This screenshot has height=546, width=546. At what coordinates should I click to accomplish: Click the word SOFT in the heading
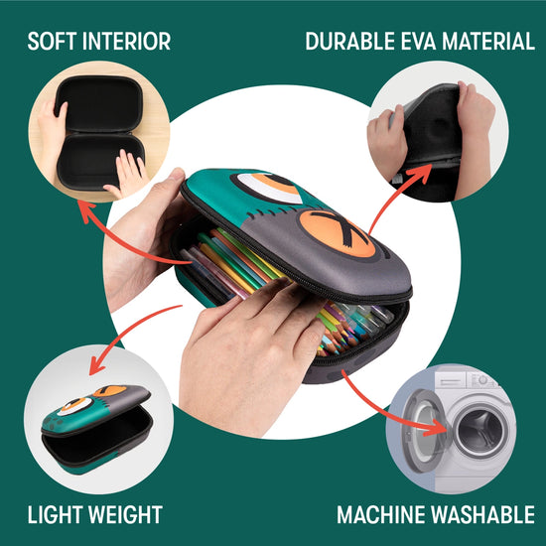pos(52,41)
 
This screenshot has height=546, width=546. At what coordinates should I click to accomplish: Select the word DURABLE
pos(350,41)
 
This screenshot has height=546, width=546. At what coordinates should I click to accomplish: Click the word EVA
pos(418,41)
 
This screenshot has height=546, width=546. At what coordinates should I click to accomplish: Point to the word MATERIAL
pos(488,41)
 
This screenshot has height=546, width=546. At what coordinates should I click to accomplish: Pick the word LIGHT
pos(55,514)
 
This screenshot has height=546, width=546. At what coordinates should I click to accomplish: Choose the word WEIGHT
pos(125,514)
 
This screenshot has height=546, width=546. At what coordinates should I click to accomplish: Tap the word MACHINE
pos(380,514)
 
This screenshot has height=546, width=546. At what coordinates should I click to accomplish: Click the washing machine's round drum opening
pos(480,431)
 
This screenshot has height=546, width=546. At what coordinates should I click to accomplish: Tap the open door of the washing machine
pos(423,430)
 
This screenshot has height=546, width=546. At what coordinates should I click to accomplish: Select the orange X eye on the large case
pos(337,233)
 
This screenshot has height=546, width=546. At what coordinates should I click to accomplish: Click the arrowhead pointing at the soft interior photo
pos(85,209)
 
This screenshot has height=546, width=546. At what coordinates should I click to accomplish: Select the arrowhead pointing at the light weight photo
pos(97,365)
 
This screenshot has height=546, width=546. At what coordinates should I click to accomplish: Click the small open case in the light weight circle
pos(97,429)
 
